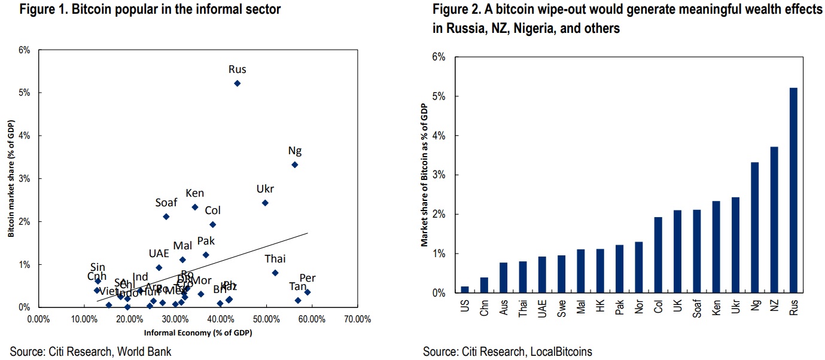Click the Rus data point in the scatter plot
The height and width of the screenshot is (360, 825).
pyautogui.click(x=237, y=83)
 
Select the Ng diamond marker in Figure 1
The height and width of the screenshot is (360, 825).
pyautogui.click(x=294, y=164)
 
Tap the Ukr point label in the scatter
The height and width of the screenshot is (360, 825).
pyautogui.click(x=265, y=189)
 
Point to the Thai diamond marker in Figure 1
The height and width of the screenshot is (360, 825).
pyautogui.click(x=275, y=273)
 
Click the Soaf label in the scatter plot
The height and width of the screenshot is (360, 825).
pyautogui.click(x=166, y=203)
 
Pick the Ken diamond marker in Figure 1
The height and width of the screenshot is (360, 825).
pyautogui.click(x=195, y=207)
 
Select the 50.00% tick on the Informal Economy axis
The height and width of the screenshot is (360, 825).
pyautogui.click(x=266, y=319)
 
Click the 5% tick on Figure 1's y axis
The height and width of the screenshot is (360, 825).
pyautogui.click(x=24, y=93)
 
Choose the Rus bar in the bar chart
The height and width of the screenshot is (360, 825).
pyautogui.click(x=793, y=190)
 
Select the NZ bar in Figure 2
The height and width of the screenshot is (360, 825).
pyautogui.click(x=774, y=219)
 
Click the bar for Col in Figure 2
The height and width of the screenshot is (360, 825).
pyautogui.click(x=658, y=255)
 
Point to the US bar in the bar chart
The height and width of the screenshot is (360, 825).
pyautogui.click(x=465, y=289)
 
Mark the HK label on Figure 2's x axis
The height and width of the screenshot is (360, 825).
pyautogui.click(x=600, y=306)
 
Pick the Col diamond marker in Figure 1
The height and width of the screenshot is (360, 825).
pyautogui.click(x=212, y=224)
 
